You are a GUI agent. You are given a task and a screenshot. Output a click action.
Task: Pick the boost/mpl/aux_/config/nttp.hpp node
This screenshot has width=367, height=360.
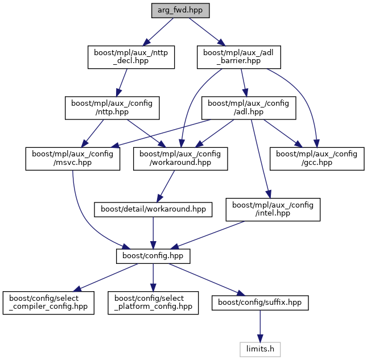[112, 108]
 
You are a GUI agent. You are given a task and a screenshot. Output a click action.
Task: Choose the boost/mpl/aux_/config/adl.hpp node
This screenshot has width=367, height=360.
[249, 108]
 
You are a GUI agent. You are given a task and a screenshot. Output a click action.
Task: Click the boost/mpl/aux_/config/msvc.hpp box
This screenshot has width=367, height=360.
[72, 159]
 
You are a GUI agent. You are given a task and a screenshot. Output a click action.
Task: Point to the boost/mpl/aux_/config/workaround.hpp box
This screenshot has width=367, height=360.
[180, 159]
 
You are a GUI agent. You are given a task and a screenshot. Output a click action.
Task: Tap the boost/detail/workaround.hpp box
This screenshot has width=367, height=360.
[153, 209]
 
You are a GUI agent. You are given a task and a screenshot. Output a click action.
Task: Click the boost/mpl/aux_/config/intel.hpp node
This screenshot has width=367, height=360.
[273, 209]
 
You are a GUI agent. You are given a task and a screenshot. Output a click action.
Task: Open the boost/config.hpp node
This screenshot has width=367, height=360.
[153, 256]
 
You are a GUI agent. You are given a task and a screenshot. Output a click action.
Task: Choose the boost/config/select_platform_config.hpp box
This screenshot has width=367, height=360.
[153, 303]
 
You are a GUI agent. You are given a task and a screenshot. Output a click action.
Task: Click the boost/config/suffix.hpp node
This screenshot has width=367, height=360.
[260, 303]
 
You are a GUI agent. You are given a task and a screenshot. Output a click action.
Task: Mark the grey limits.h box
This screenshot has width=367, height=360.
[260, 347]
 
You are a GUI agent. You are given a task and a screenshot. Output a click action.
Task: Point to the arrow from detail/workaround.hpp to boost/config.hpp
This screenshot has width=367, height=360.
[153, 233]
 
